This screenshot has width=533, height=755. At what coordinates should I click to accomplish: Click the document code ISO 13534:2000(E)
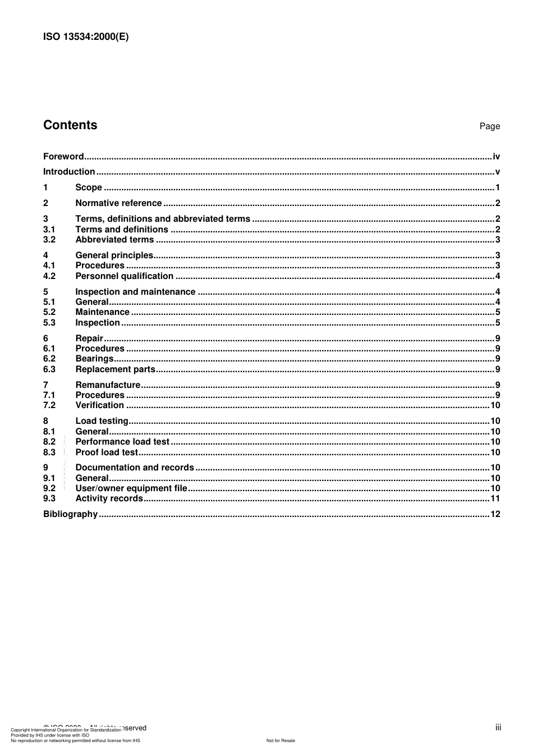click(86, 38)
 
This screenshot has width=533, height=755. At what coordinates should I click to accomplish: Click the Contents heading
click(70, 125)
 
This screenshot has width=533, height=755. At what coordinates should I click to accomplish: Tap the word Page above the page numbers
click(489, 126)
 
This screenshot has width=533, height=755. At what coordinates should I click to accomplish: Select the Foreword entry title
click(63, 157)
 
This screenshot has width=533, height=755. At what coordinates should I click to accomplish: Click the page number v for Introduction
click(497, 172)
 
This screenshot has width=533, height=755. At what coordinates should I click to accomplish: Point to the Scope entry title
click(89, 187)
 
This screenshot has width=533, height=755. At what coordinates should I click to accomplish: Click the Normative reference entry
click(118, 203)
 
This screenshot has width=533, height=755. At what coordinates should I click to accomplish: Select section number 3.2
click(49, 240)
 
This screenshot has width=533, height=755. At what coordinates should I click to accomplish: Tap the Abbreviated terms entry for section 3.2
click(114, 240)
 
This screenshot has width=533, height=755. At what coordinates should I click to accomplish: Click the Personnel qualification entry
click(124, 276)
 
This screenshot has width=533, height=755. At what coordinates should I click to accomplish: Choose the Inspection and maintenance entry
click(135, 292)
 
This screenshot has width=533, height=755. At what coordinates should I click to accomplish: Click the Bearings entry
click(94, 359)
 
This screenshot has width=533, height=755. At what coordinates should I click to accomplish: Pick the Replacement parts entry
click(115, 369)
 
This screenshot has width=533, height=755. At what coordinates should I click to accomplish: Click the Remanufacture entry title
click(108, 385)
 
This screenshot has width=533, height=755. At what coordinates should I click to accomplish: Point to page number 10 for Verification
click(495, 405)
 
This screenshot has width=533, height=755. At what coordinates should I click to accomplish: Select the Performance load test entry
click(122, 442)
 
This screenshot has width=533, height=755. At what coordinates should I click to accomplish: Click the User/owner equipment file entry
click(131, 488)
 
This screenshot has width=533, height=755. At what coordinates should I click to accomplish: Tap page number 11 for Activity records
click(495, 498)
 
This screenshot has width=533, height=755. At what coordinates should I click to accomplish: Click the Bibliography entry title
click(70, 514)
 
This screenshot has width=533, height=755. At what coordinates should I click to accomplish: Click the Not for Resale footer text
click(281, 740)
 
